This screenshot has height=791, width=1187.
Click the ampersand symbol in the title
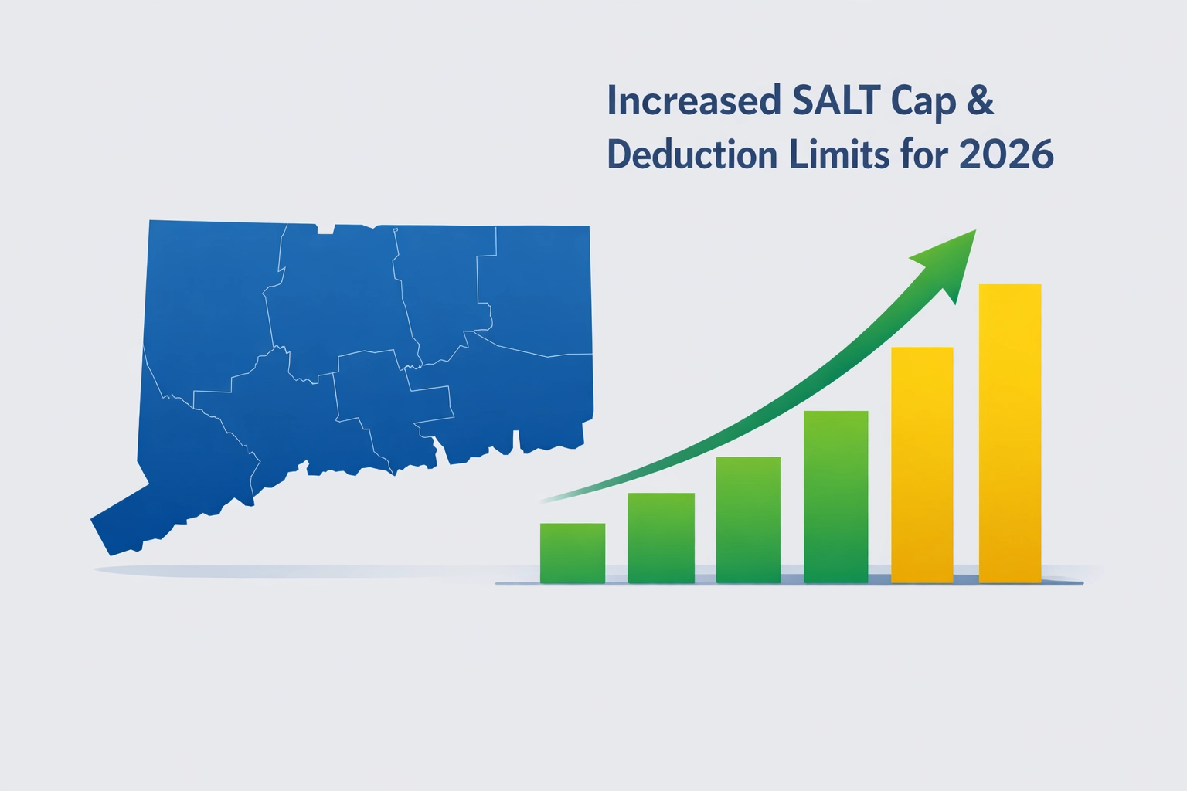tap(980, 101)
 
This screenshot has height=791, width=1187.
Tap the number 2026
tap(1006, 155)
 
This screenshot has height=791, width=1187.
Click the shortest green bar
tap(572, 553)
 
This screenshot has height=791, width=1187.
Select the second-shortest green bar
tap(661, 538)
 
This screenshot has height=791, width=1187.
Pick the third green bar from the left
tap(748, 520)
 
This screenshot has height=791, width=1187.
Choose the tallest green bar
tap(835, 497)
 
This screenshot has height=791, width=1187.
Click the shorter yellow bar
tap(922, 465)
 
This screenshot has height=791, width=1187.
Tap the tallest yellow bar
tap(1010, 433)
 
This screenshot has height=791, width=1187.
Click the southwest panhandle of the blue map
tap(124, 527)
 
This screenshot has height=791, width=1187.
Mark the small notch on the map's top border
tap(325, 228)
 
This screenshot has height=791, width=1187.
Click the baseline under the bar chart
tap(788, 583)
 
